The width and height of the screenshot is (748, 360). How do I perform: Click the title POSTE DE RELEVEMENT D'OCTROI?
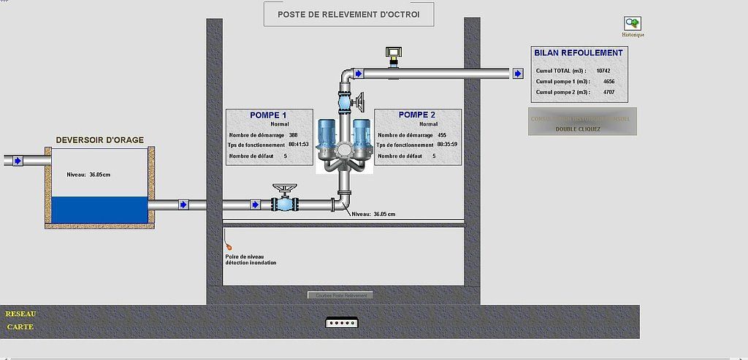pyautogui.click(x=348, y=14)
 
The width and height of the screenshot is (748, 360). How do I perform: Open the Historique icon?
pyautogui.click(x=633, y=24)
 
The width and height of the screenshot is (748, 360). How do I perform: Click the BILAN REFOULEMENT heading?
pyautogui.click(x=578, y=53)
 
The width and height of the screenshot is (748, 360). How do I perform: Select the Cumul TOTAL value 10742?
pyautogui.click(x=603, y=71)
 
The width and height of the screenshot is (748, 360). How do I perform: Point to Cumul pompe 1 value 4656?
pyautogui.click(x=610, y=82)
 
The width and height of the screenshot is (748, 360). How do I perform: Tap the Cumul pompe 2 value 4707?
pyautogui.click(x=610, y=93)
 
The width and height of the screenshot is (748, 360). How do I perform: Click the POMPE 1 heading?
pyautogui.click(x=268, y=115)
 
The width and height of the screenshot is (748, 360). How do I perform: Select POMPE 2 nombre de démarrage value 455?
pyautogui.click(x=442, y=135)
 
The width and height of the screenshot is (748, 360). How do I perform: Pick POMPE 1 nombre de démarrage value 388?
pyautogui.click(x=293, y=135)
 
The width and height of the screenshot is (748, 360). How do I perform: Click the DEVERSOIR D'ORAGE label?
pyautogui.click(x=99, y=139)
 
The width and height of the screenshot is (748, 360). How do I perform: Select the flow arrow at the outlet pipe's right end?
pyautogui.click(x=517, y=74)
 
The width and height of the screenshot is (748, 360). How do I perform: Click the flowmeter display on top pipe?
pyautogui.click(x=394, y=53)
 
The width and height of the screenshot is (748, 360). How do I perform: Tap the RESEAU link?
pyautogui.click(x=20, y=313)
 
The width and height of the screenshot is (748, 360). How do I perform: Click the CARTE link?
pyautogui.click(x=20, y=326)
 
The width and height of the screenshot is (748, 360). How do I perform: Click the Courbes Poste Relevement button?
pyautogui.click(x=340, y=295)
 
